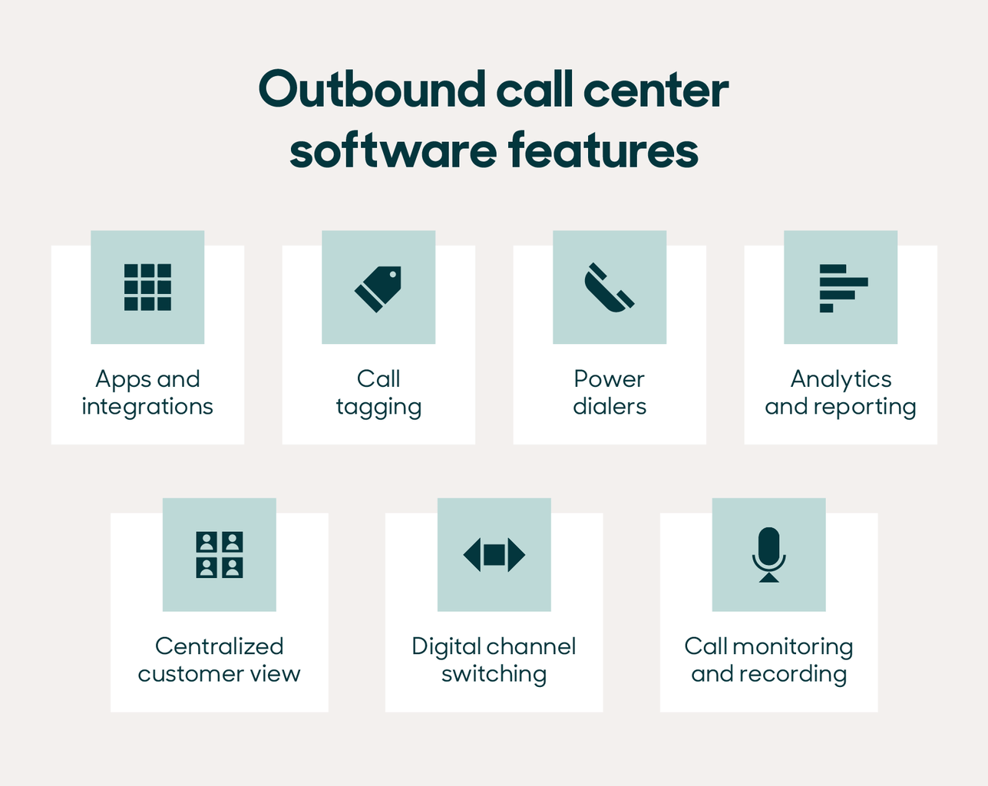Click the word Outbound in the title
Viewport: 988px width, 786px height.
point(372,90)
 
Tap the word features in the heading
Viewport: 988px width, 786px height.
point(603,150)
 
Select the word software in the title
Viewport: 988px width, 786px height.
point(393,150)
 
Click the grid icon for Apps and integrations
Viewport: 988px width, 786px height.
point(147,287)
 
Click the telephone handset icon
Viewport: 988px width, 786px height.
point(610,288)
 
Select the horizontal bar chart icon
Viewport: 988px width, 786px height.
point(842,288)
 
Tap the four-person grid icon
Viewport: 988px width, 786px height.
point(220,554)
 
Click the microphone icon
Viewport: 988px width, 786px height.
point(768,555)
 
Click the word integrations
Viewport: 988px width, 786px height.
point(147,407)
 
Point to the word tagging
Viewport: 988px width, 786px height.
point(378,408)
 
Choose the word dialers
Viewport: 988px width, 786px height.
point(610,407)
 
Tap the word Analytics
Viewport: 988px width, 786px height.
point(841,379)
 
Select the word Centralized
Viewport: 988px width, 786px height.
point(220,646)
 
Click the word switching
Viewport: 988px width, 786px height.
point(494,675)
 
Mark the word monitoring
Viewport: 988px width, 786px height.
point(792,647)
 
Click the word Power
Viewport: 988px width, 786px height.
point(610,379)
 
